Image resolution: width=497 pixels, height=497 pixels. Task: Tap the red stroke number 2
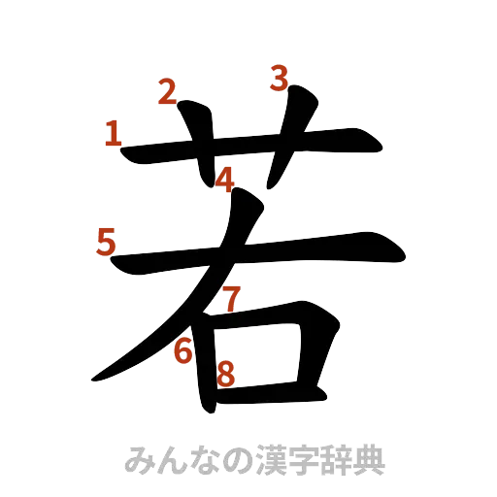167,93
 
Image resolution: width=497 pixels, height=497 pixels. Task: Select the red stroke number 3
279,78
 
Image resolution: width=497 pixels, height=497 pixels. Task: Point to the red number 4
225,180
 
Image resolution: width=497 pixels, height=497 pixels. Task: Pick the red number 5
106,240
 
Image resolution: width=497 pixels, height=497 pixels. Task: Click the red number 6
182,350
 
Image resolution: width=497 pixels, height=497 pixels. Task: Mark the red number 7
230,298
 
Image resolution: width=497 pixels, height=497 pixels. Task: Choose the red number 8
225,373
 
